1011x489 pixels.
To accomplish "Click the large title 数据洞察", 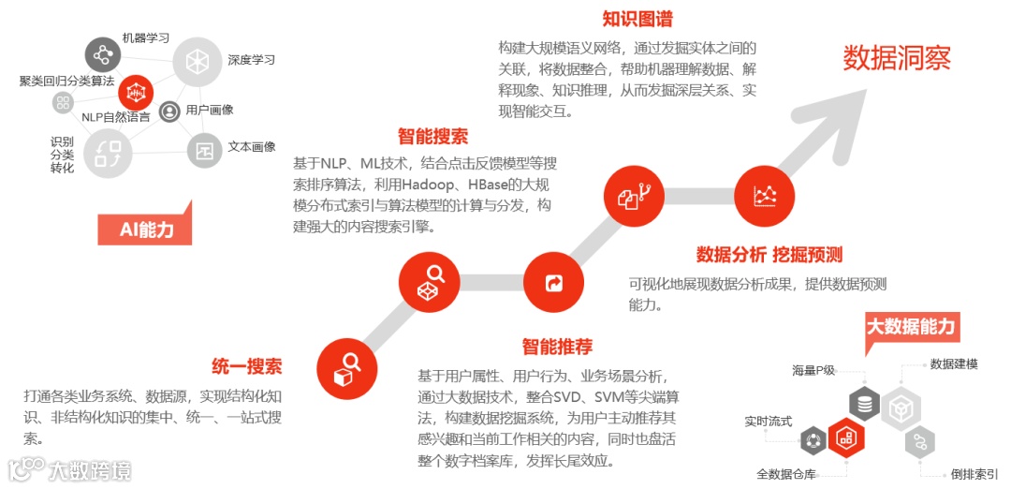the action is [x=896, y=58].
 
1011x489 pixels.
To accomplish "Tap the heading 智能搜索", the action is [x=432, y=137].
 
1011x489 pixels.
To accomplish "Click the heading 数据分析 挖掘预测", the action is [x=769, y=255].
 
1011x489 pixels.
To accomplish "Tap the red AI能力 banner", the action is [x=146, y=229].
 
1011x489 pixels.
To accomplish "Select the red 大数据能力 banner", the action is [x=910, y=327].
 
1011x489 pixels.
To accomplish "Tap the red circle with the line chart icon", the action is [x=765, y=195].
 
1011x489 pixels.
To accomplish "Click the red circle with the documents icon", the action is [x=635, y=196].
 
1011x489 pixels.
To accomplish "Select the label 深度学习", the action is [x=251, y=60].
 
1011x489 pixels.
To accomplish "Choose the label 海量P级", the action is [x=813, y=370].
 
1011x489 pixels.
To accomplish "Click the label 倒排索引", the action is [x=974, y=474].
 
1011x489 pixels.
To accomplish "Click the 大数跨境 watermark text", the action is [x=90, y=470].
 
